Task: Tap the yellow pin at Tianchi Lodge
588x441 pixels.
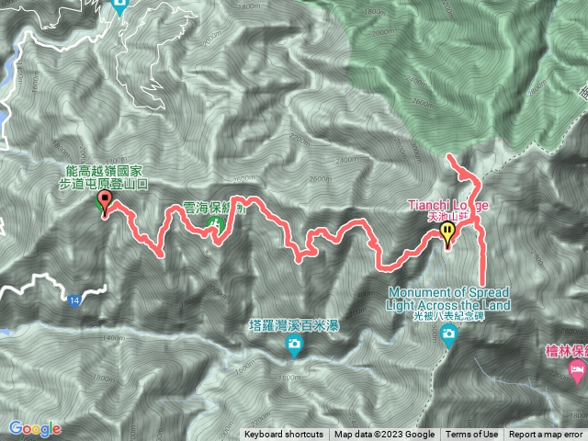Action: click(x=448, y=233)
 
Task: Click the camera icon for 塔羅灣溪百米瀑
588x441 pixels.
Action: click(x=294, y=345)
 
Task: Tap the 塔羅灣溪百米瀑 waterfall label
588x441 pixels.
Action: click(x=294, y=324)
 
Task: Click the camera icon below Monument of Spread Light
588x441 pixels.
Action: click(x=448, y=336)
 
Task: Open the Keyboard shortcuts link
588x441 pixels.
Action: click(x=284, y=435)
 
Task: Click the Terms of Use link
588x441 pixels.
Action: click(x=472, y=435)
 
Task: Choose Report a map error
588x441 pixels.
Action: click(x=547, y=435)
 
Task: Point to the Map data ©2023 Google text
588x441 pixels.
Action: click(x=385, y=435)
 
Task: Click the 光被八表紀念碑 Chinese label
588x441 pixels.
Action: click(x=449, y=316)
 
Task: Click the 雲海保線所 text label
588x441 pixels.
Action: click(x=214, y=209)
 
